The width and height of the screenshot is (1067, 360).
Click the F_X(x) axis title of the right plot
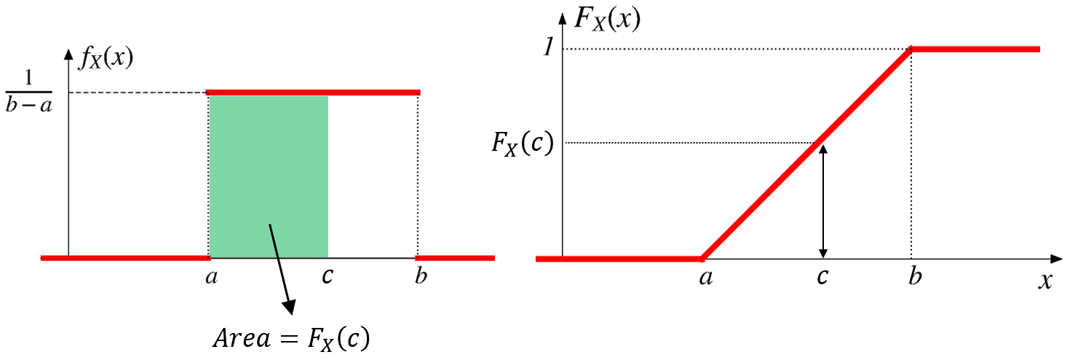tap(607, 20)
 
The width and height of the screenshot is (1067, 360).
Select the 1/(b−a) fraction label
tap(28, 91)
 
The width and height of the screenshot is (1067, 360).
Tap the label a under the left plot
tap(212, 276)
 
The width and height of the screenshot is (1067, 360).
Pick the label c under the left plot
tap(327, 276)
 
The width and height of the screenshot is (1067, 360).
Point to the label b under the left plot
tap(421, 275)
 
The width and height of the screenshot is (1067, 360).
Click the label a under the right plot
tap(706, 277)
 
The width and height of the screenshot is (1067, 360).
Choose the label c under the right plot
tap(822, 276)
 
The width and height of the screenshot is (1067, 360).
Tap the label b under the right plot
tap(915, 275)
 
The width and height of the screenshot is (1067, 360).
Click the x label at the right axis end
tap(1046, 281)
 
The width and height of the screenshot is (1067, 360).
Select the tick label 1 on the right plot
tap(549, 47)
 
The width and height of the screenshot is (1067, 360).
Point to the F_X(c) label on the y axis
tap(523, 143)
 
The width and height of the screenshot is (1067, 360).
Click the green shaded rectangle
tap(269, 177)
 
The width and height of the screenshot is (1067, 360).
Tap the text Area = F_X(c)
tap(291, 339)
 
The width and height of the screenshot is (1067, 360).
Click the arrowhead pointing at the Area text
tap(289, 307)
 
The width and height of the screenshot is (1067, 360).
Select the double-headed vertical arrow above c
tap(822, 201)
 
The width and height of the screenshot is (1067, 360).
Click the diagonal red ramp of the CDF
tap(806, 154)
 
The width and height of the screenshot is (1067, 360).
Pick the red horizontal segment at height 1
tap(975, 49)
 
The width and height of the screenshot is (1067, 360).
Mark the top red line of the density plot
tap(313, 93)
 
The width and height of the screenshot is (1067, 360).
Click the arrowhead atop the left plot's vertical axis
tap(68, 53)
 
